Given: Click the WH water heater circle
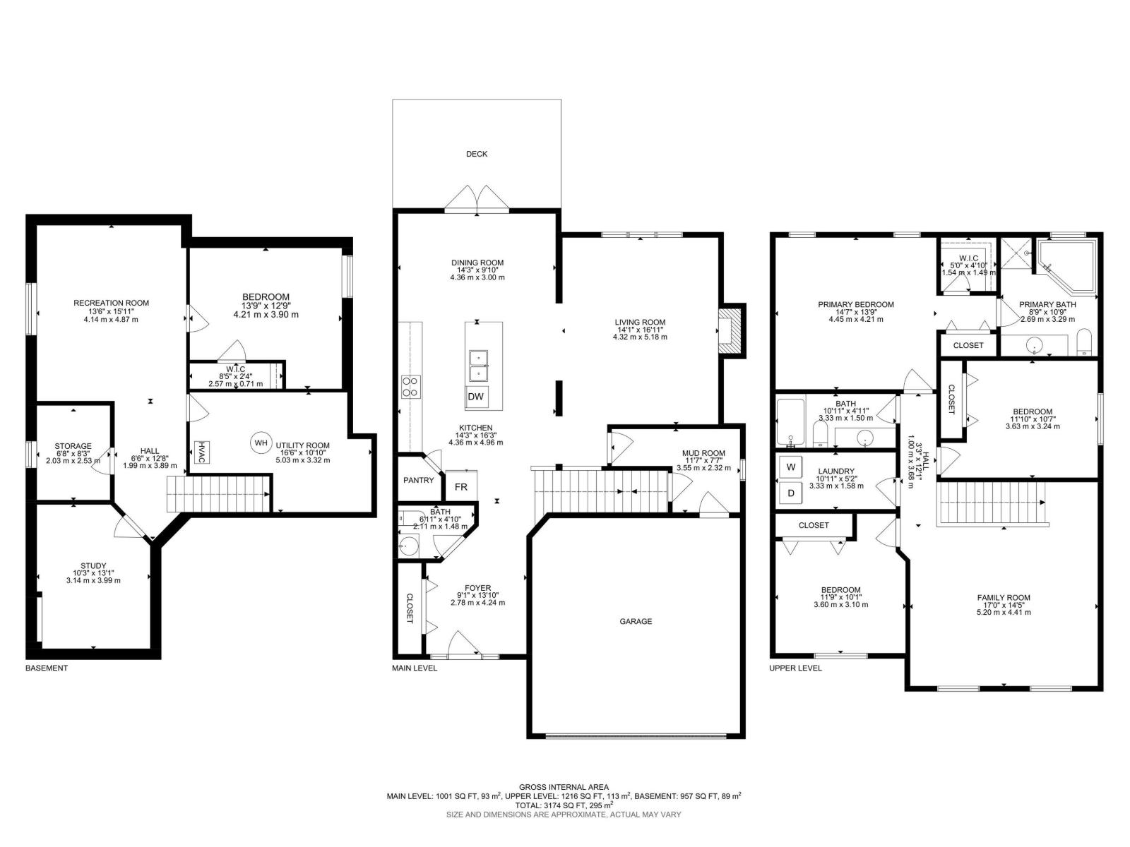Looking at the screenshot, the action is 261,443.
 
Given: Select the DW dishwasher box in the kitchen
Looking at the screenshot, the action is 476,397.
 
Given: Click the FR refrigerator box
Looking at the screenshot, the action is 460,486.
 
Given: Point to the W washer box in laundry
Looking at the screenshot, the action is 791,467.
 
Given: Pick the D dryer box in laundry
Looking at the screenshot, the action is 791,493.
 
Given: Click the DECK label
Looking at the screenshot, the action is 476,154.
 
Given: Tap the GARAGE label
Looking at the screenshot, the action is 635,621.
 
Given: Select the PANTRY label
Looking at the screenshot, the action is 418,481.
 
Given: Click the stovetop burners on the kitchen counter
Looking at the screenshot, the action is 411,387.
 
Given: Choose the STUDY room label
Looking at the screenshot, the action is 93,566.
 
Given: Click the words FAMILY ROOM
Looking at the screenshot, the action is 1004,598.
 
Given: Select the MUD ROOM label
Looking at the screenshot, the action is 703,453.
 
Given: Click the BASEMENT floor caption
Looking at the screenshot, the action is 47,668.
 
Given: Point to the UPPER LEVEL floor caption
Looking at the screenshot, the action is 795,668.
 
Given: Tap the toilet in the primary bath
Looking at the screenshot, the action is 1083,342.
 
